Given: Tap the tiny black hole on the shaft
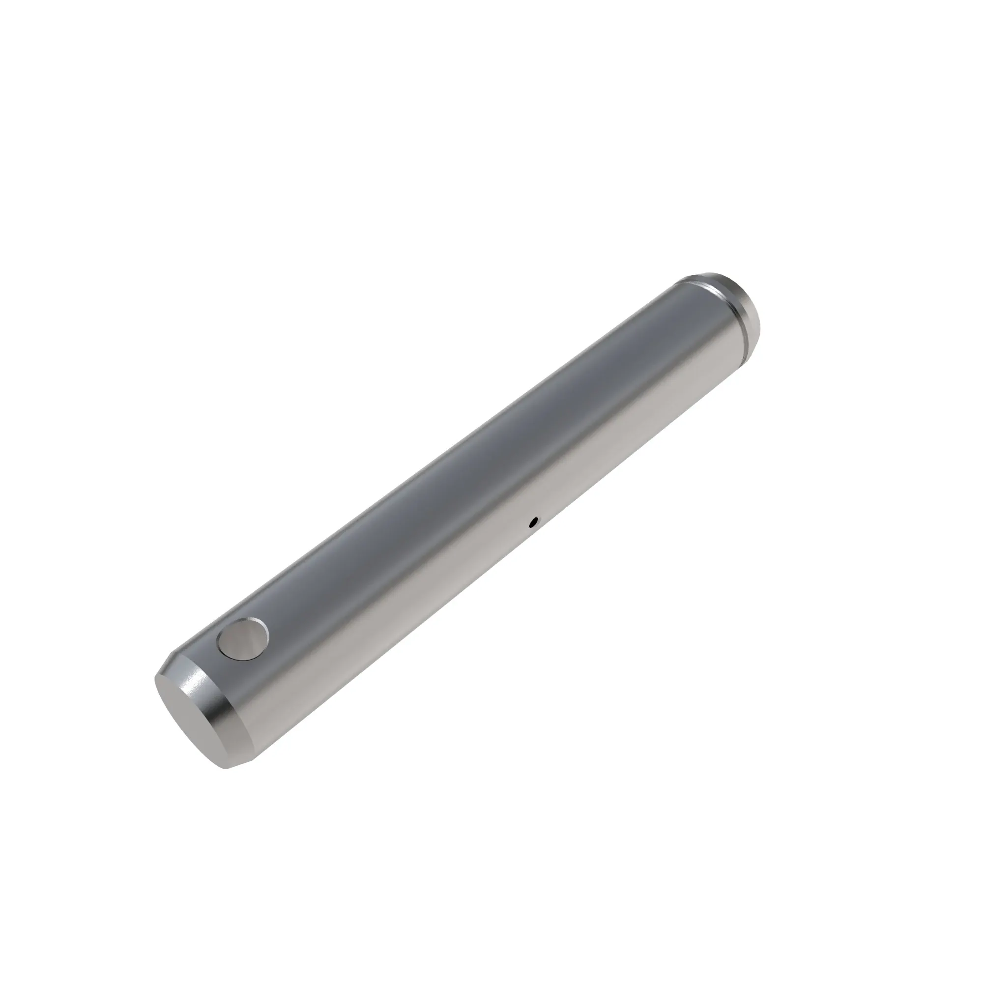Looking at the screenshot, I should pyautogui.click(x=533, y=520).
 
